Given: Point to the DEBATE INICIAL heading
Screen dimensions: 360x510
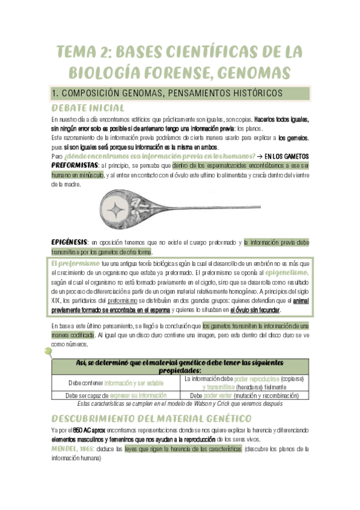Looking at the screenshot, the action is [x=88, y=108].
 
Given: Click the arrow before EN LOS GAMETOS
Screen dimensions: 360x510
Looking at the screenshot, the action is [x=258, y=155].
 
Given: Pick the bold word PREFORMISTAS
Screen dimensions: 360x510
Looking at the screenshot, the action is [x=75, y=165].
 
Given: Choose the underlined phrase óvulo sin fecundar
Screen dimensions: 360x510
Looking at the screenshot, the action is [x=255, y=310].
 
